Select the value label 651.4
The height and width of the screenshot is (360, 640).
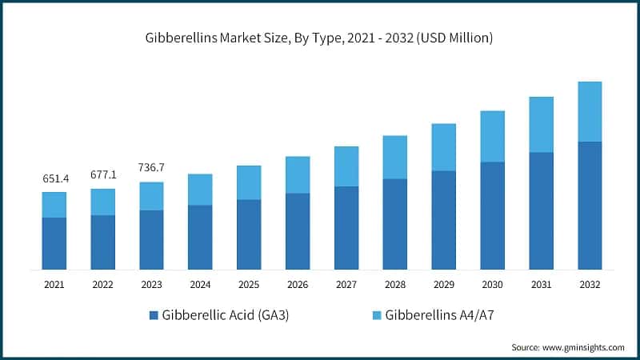[55, 178]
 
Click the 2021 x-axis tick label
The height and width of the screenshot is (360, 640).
[54, 284]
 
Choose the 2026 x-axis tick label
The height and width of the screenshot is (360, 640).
[298, 284]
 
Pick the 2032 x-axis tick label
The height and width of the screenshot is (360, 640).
[590, 284]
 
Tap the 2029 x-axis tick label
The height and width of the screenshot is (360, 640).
[443, 284]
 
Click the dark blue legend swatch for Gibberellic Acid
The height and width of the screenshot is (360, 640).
[154, 315]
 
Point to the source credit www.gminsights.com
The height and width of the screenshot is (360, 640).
[568, 347]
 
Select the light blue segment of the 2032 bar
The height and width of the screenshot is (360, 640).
[590, 111]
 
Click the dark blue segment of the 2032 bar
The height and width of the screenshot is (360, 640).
[590, 205]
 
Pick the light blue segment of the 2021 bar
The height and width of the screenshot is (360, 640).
[54, 205]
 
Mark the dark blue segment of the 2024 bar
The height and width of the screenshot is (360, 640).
[200, 237]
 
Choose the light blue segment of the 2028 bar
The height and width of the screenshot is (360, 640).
[395, 157]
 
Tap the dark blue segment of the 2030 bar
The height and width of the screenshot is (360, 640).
[492, 215]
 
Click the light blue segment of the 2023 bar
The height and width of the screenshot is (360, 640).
[152, 196]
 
